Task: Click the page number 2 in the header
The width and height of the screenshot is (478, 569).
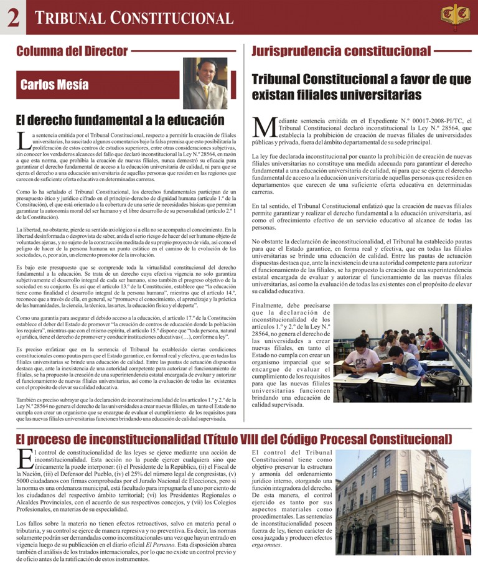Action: click(x=12, y=17)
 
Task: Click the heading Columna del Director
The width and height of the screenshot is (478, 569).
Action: click(x=72, y=51)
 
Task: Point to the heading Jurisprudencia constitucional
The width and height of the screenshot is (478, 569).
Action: click(x=341, y=51)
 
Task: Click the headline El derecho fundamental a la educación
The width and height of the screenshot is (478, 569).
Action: click(x=119, y=120)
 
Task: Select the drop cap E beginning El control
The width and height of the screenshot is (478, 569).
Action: click(x=24, y=459)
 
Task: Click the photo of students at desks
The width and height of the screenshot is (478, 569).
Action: click(x=402, y=353)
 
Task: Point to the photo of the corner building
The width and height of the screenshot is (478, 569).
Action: click(x=403, y=502)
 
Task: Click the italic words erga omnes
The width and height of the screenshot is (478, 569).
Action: click(x=266, y=545)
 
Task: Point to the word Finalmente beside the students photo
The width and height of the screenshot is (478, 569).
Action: click(x=271, y=306)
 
